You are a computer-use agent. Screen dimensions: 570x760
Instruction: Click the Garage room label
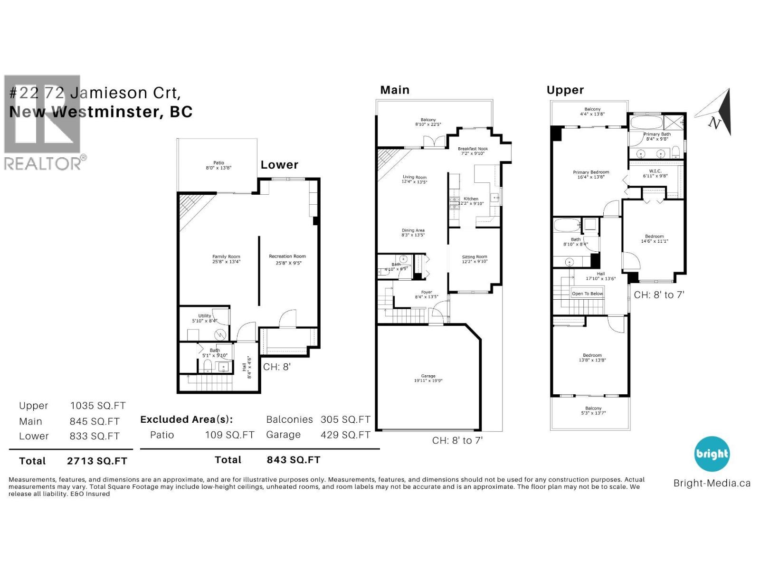pos(428,378)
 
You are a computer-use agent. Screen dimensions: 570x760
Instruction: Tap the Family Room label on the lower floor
pos(226,259)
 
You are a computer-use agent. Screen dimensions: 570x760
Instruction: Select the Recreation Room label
pos(287,259)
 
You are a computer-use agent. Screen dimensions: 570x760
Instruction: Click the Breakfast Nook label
pos(473,151)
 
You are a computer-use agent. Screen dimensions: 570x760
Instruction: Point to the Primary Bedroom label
pos(591,174)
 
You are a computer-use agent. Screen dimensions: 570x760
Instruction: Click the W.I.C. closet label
pos(655,173)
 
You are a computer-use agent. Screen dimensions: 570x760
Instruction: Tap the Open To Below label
pos(587,294)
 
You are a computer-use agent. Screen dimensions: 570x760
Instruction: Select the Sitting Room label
pos(475,259)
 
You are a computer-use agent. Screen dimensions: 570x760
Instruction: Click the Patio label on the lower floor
pos(218,165)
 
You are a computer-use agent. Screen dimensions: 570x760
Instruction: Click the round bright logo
pos(712,454)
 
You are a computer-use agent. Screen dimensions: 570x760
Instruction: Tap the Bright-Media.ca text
pos(712,484)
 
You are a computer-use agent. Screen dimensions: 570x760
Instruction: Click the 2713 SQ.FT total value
pos(97,461)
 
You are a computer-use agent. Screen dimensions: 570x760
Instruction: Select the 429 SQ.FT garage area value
pos(345,435)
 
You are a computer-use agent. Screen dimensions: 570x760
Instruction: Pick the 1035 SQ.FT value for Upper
pos(98,406)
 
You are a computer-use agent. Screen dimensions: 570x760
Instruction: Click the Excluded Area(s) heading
pos(187,419)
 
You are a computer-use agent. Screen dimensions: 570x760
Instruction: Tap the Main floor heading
pos(394,90)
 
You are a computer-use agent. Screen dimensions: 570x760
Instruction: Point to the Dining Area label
pos(413,232)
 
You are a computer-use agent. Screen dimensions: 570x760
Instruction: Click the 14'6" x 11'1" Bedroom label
pos(654,238)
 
